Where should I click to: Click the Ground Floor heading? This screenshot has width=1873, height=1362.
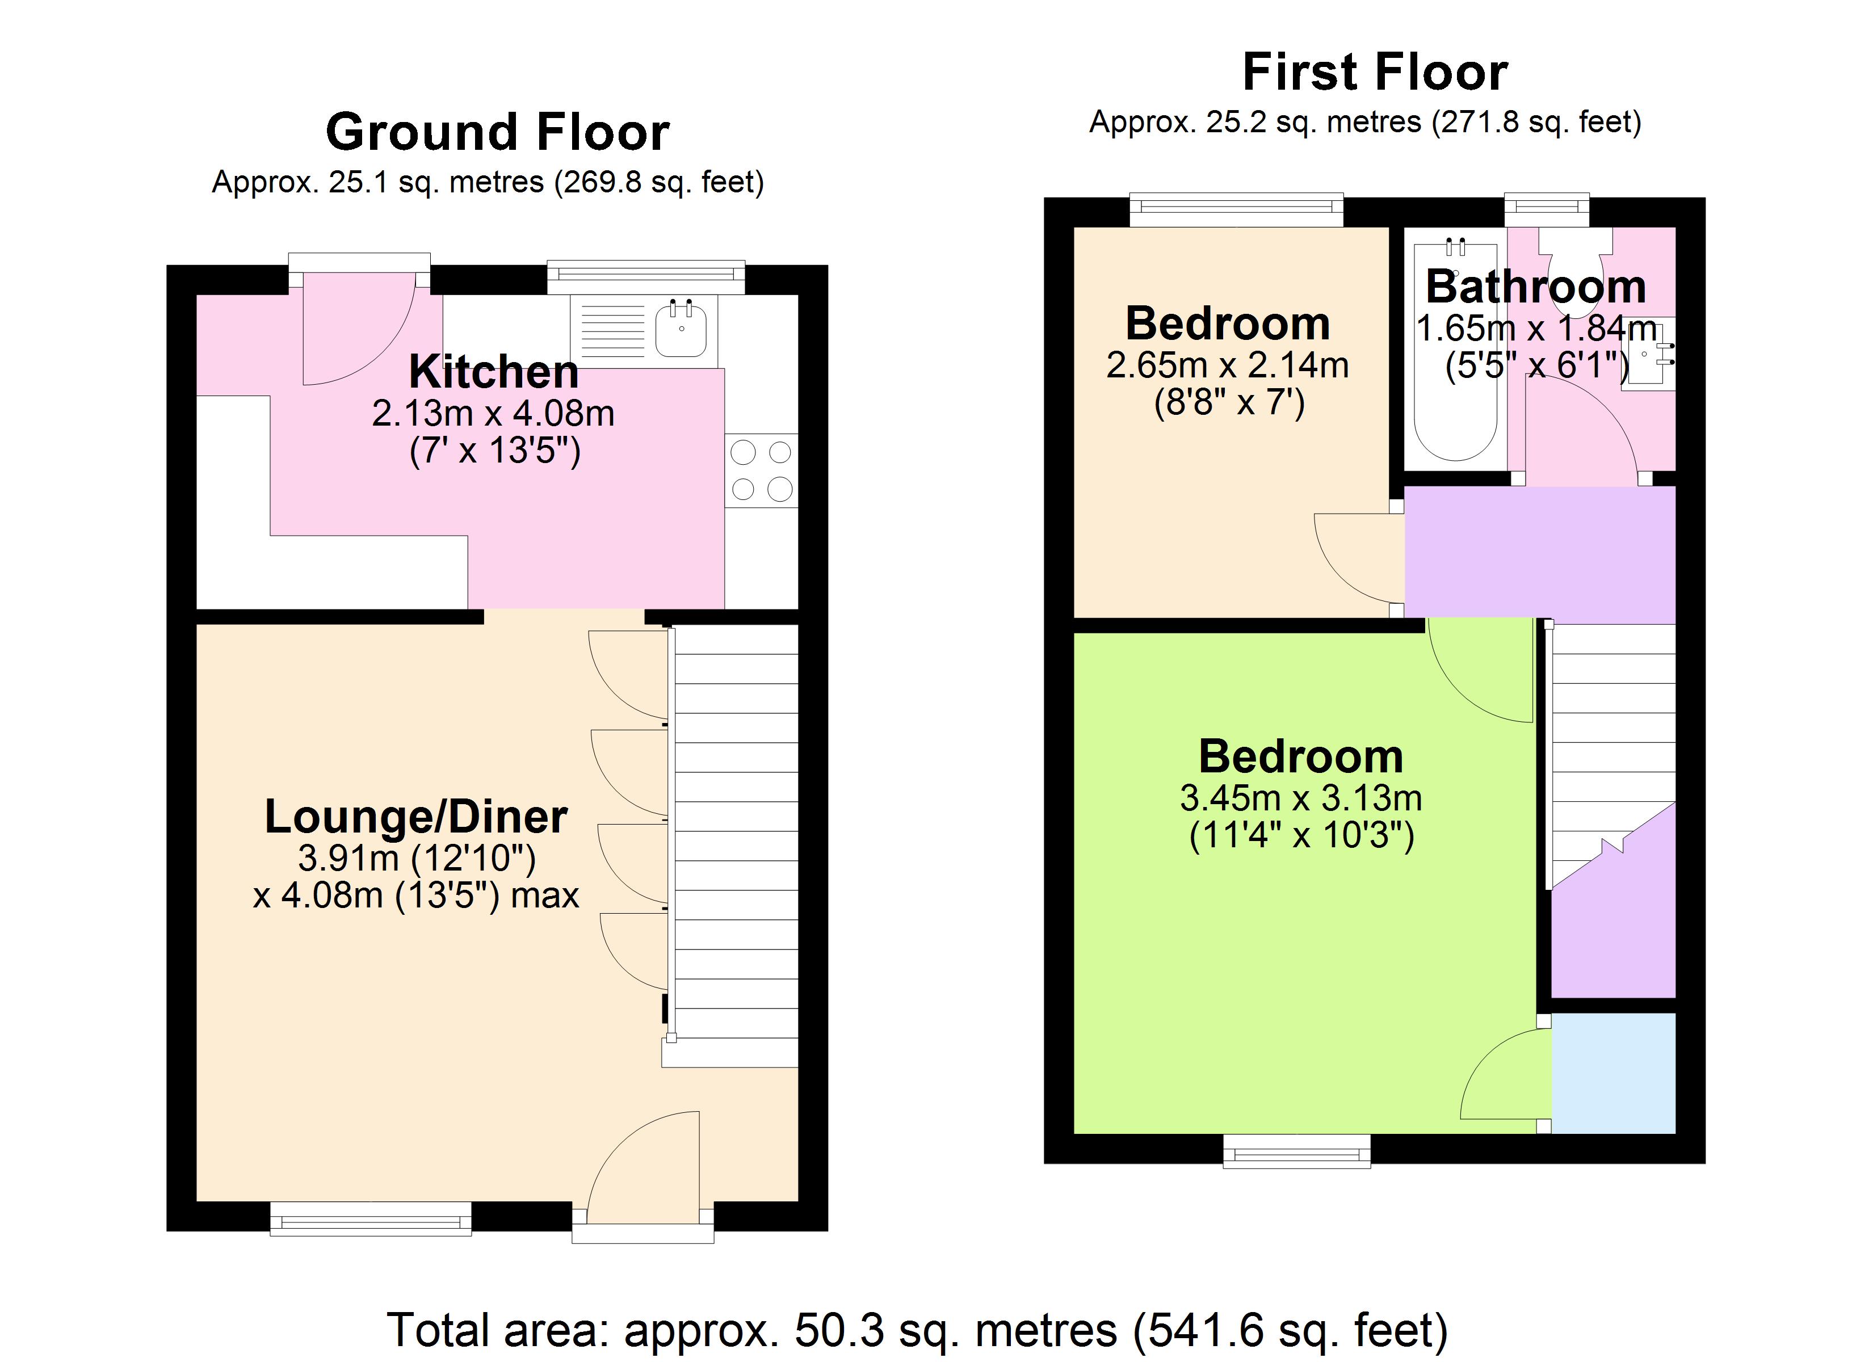(497, 132)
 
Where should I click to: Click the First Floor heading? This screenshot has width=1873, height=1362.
(1375, 73)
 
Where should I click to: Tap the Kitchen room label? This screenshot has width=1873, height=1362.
(493, 372)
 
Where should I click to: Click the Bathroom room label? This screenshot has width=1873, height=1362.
(1536, 287)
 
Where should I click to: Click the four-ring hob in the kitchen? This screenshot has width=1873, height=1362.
(762, 471)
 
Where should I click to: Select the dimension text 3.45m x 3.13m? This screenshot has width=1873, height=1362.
(1301, 798)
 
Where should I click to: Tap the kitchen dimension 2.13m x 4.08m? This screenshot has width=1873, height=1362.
(493, 413)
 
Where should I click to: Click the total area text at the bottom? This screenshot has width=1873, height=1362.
(917, 1330)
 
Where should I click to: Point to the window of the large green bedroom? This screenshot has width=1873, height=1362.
(1296, 1150)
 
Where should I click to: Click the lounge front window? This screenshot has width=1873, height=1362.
(371, 1218)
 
